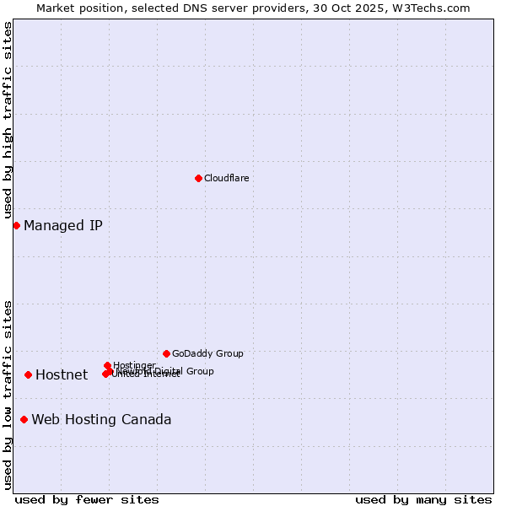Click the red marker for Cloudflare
coord(198,178)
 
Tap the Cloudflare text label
coord(226,178)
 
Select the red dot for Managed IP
coord(16,225)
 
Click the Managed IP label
coord(63,225)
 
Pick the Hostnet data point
coord(28,374)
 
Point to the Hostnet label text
coord(62,375)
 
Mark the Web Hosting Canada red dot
coord(24,419)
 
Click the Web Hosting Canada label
coord(101,420)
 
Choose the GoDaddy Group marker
coord(166,353)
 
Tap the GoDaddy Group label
coord(207,353)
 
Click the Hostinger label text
coord(134,365)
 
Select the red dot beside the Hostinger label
coord(107,366)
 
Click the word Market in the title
coord(55,8)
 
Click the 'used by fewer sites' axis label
coord(87,499)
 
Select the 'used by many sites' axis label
coord(423,499)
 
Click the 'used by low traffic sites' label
coord(8,395)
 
